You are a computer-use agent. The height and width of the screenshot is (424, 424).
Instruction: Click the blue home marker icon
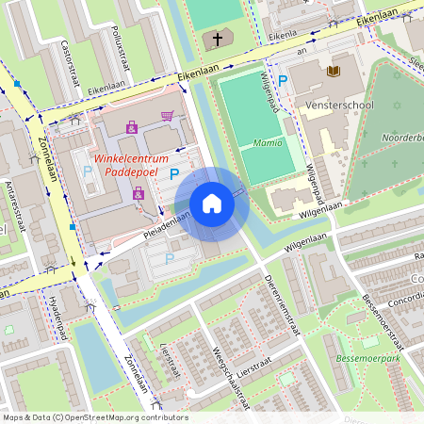pos(212,204)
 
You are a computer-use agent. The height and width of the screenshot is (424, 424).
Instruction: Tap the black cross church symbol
pos(218,40)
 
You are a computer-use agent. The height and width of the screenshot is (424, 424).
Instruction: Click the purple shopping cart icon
pos(167,117)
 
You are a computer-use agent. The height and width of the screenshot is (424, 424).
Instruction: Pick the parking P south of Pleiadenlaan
pos(170,258)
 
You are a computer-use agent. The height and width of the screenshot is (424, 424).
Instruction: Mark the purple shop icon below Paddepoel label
pos(139,193)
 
